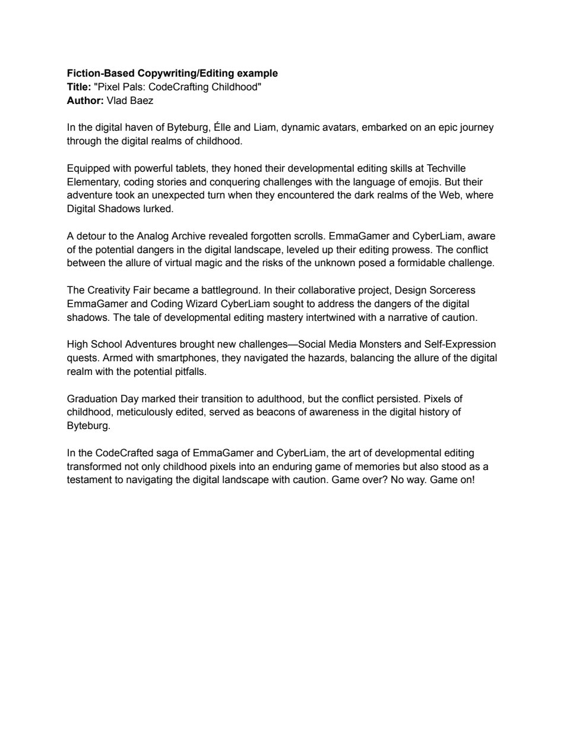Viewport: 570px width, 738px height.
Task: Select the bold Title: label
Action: tap(79, 87)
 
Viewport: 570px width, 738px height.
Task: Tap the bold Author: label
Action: tap(85, 101)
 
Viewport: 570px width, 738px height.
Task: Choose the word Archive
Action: tap(189, 236)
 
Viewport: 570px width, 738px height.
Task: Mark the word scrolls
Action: tap(309, 236)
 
